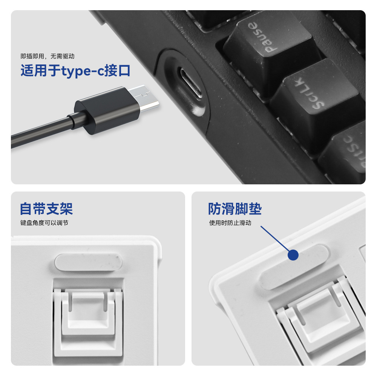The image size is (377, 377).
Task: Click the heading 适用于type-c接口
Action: [x=75, y=71]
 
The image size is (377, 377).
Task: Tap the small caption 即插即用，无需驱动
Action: [x=48, y=56]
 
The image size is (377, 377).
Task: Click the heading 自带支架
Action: [x=46, y=209]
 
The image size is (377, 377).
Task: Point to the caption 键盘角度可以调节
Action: [x=44, y=223]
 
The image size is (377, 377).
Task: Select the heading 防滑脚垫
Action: [x=234, y=209]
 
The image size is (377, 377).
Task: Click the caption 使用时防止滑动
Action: [x=230, y=223]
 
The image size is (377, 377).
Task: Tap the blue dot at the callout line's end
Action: [x=293, y=255]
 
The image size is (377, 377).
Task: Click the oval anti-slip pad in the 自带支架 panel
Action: [x=89, y=262]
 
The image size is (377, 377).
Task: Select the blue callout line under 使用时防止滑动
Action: [x=275, y=239]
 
